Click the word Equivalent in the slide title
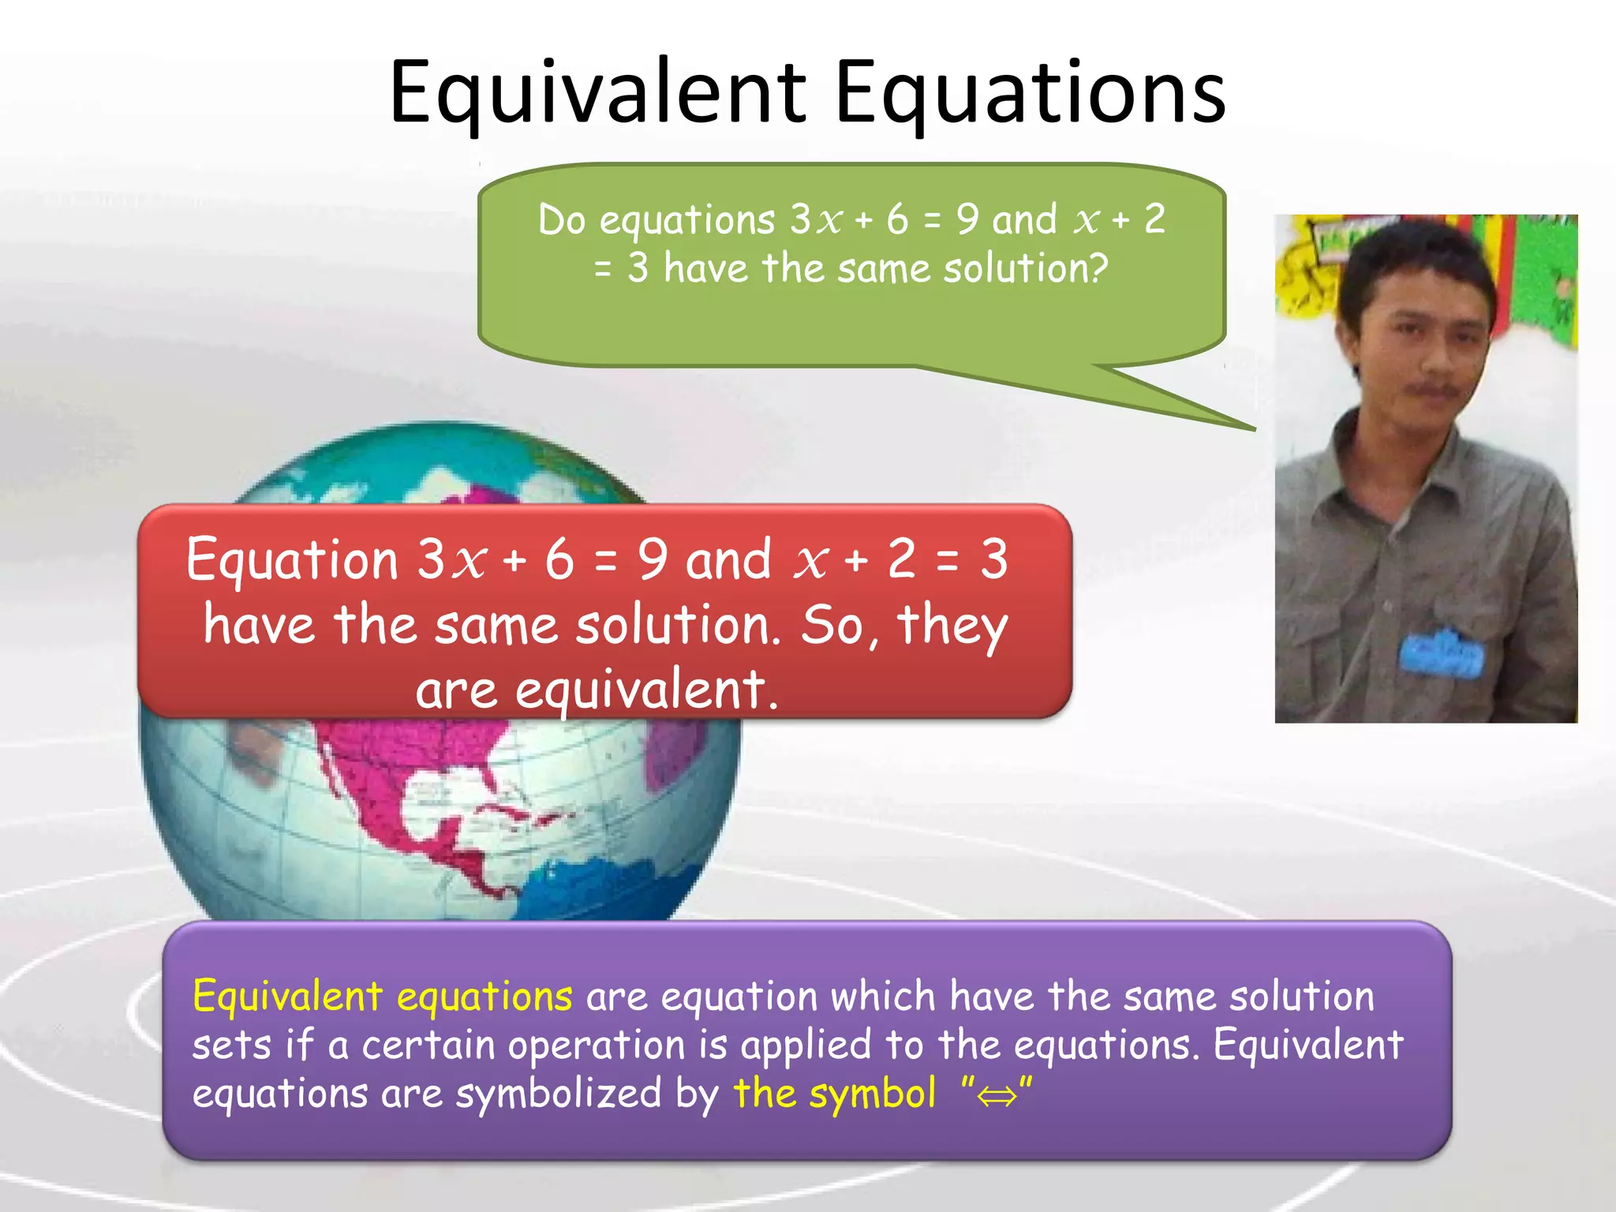tap(597, 93)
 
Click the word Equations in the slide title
tap(1029, 93)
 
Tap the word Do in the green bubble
tap(561, 220)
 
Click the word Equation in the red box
tap(292, 559)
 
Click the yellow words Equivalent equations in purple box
tap(382, 997)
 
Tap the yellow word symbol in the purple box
tap(873, 1094)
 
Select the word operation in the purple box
tap(596, 1046)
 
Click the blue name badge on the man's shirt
tap(1441, 653)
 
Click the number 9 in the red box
tap(653, 559)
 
